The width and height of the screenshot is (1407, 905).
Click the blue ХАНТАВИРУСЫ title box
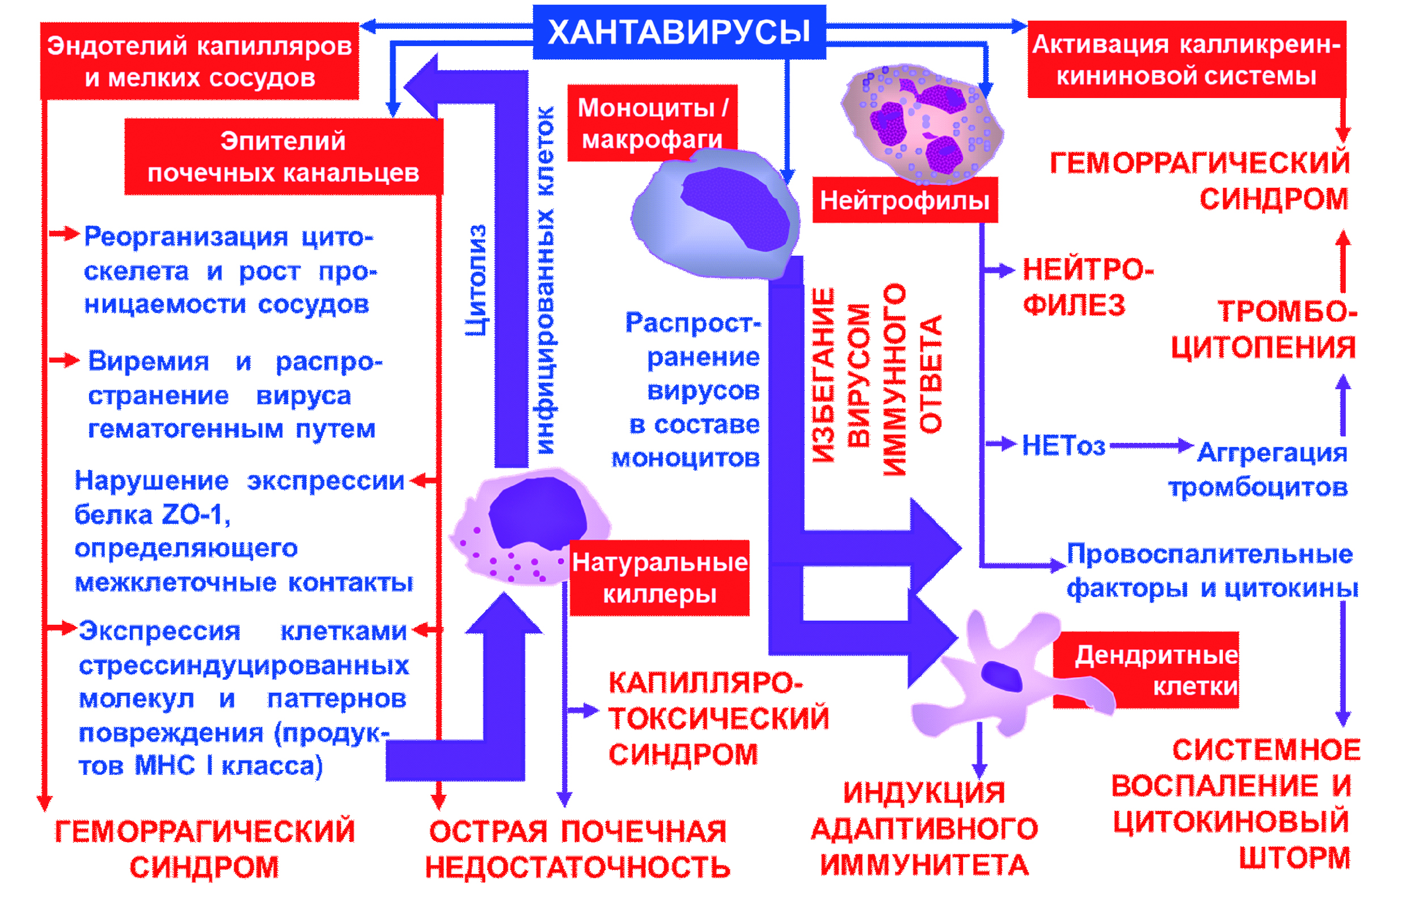click(x=679, y=32)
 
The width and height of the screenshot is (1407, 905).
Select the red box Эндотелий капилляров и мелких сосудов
click(x=199, y=61)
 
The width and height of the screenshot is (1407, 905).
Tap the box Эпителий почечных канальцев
click(x=284, y=157)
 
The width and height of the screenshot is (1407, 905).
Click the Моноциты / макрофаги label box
click(x=652, y=124)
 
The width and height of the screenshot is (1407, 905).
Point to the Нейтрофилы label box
click(x=905, y=201)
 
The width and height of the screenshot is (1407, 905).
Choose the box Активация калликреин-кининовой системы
click(x=1186, y=60)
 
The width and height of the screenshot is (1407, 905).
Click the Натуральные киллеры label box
click(x=660, y=578)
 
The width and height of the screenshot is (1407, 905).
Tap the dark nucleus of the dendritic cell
click(x=1002, y=676)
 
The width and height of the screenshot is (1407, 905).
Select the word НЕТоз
click(x=1063, y=446)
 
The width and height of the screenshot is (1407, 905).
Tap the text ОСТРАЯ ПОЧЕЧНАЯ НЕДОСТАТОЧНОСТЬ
click(x=577, y=849)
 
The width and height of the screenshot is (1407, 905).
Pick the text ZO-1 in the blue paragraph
click(x=194, y=515)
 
